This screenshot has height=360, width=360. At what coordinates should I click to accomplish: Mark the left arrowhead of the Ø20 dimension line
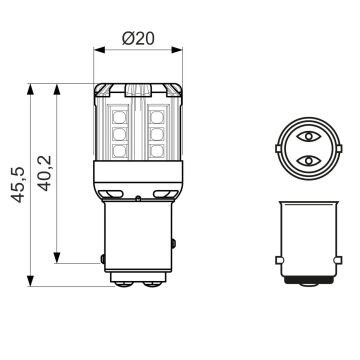[98, 46]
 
